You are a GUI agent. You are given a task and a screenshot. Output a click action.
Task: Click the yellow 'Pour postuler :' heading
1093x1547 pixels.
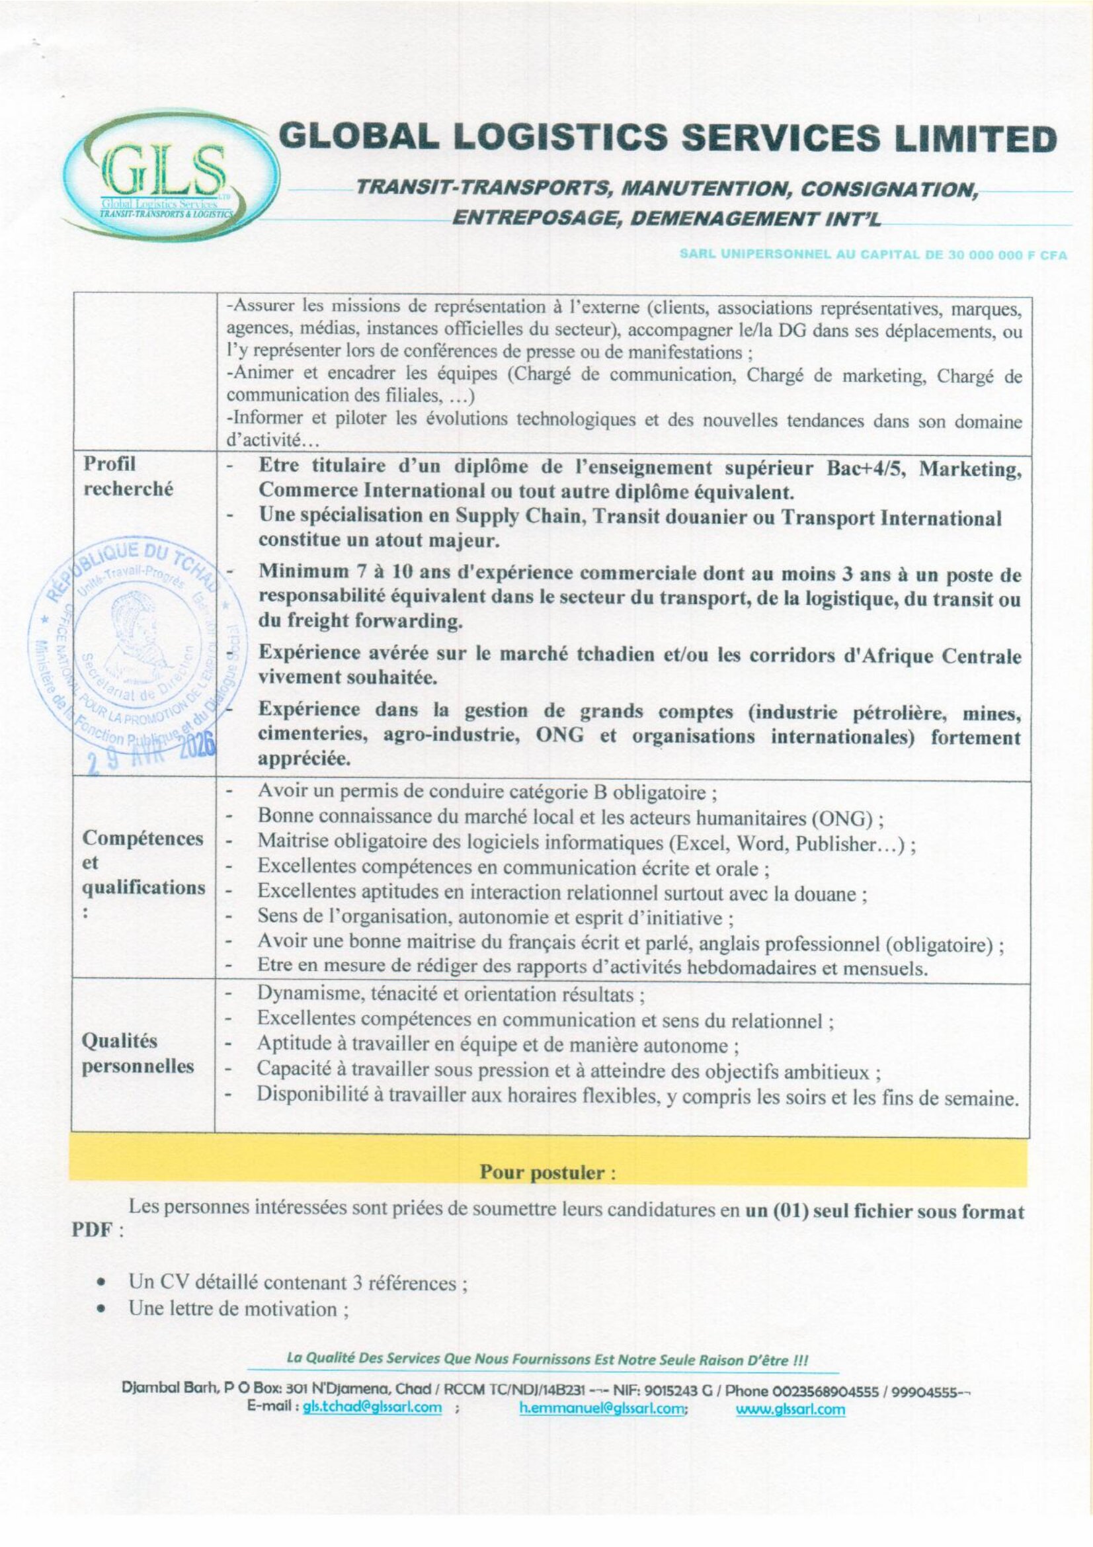547,1173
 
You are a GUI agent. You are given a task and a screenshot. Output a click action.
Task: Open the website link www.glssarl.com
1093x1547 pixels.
790,1407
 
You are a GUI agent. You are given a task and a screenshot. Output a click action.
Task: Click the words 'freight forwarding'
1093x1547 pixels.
370,621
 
